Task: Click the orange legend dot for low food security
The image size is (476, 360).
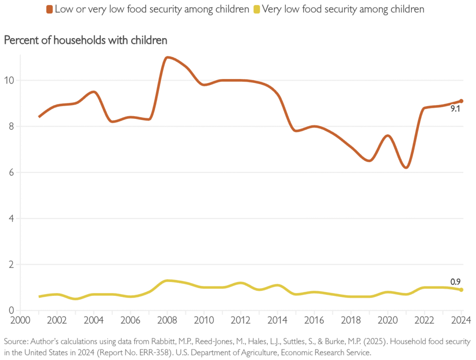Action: [x=49, y=9]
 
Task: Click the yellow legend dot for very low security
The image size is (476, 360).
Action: [x=256, y=9]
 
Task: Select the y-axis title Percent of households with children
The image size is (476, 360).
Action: [x=85, y=40]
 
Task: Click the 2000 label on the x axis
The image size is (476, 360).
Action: [x=20, y=320]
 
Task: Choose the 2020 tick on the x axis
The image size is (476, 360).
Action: [x=388, y=320]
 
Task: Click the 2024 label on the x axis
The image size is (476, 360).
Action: [x=461, y=320]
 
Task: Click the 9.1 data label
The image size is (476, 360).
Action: [x=455, y=110]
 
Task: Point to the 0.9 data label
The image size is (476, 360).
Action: [x=456, y=281]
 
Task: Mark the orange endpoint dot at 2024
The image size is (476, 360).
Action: [x=462, y=101]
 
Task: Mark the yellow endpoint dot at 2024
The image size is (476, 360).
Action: [x=462, y=290]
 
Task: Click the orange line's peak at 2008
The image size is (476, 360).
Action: [x=168, y=57]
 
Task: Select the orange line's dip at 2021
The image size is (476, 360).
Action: [x=406, y=168]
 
